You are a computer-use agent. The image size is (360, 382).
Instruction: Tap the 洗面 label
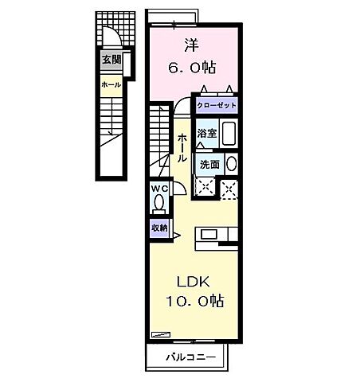[x=210, y=165]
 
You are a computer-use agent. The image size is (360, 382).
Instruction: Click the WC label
[x=158, y=188]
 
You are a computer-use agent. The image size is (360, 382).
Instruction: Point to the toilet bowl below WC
[x=158, y=205]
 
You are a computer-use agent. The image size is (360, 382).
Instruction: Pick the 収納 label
[x=159, y=228]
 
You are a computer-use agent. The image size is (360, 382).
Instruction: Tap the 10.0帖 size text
[x=194, y=302]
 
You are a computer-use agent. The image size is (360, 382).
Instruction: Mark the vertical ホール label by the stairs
[x=182, y=148]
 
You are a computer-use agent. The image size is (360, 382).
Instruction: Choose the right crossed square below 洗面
[x=229, y=189]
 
